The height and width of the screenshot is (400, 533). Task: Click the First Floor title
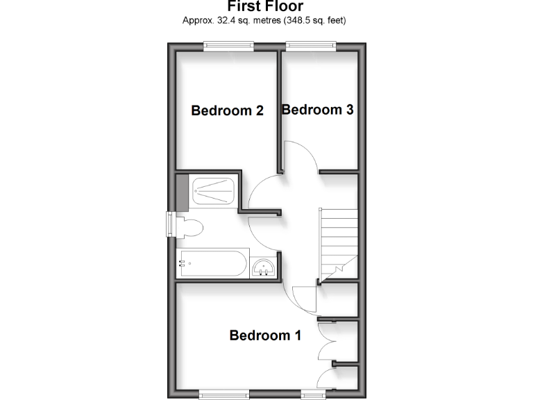(265, 7)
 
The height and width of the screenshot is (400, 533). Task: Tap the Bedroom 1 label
(265, 336)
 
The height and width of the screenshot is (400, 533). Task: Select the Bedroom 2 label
(228, 110)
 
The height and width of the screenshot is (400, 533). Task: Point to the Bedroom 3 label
(318, 110)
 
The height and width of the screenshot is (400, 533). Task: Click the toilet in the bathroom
(188, 226)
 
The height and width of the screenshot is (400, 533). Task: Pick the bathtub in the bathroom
(211, 264)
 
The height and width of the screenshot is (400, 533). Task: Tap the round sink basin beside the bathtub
(264, 266)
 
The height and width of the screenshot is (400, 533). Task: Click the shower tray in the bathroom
(214, 190)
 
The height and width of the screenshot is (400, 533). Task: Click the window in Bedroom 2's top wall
(228, 47)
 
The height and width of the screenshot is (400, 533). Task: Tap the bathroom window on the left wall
(170, 225)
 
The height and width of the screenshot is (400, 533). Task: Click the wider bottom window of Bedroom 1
(224, 394)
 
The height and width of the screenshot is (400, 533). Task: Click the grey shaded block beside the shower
(183, 191)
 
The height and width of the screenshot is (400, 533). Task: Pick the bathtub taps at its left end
(184, 263)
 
